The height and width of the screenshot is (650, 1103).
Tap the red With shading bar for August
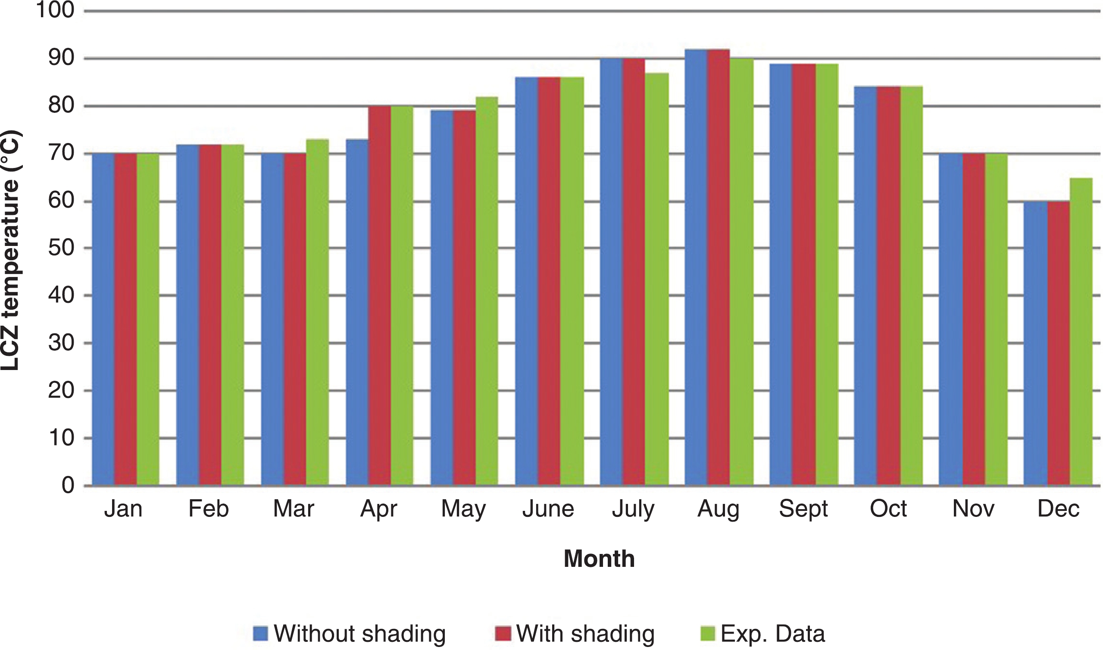(718, 267)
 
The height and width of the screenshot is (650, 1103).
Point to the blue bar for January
(103, 319)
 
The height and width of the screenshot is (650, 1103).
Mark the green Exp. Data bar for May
(487, 291)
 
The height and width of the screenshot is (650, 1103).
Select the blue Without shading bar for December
(1035, 343)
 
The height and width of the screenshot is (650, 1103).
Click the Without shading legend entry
(349, 634)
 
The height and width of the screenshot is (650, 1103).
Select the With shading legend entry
(575, 634)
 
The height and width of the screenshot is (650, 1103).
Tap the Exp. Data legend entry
(762, 634)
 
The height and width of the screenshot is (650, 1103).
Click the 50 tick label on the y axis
(61, 248)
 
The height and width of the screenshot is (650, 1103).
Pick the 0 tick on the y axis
(68, 485)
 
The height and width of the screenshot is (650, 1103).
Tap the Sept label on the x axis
(803, 509)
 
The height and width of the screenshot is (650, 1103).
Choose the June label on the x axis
(548, 509)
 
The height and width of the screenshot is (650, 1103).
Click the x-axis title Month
(599, 559)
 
